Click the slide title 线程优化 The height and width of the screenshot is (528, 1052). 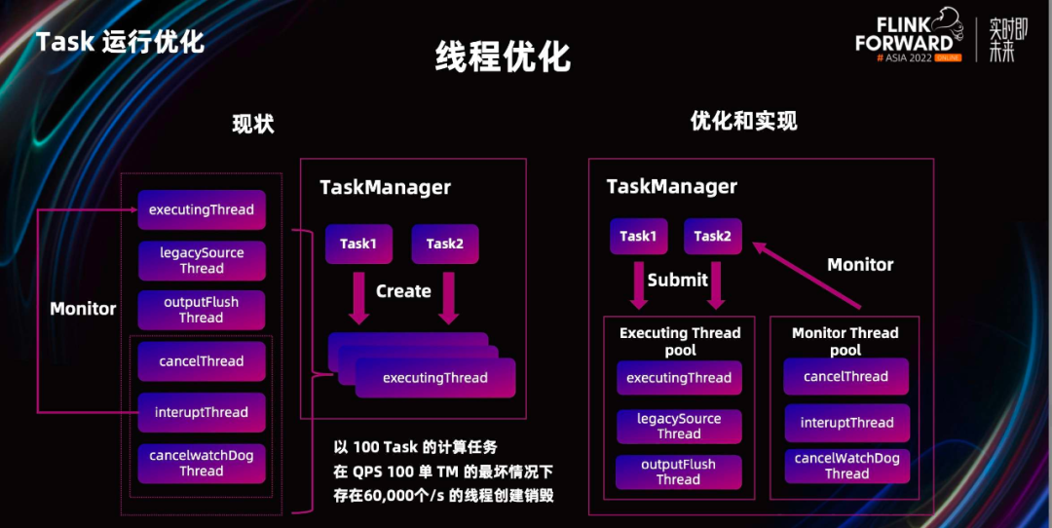(503, 57)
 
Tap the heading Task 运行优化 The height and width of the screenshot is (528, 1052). (120, 42)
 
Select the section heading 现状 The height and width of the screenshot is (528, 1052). (252, 124)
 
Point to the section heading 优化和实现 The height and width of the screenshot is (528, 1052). (743, 121)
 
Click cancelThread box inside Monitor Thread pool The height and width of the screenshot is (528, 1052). (845, 377)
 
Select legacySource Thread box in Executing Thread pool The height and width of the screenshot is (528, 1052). (679, 427)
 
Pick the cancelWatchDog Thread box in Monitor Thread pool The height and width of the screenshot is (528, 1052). (846, 466)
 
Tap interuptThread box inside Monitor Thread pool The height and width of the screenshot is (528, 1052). (846, 423)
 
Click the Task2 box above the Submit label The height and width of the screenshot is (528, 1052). (712, 237)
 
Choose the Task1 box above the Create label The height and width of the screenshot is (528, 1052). (358, 244)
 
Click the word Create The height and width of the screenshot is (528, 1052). (403, 291)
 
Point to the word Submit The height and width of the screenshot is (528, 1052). (678, 281)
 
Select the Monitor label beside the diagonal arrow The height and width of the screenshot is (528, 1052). (860, 265)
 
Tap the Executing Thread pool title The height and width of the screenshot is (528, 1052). (680, 341)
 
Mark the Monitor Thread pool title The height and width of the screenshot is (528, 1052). (845, 341)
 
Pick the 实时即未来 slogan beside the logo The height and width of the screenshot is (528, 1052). (1002, 40)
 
